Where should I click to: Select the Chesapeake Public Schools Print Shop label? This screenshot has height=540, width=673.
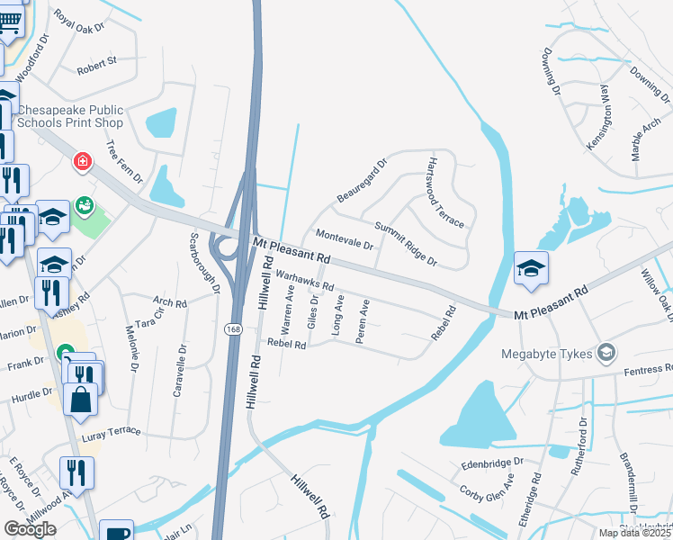click(70, 116)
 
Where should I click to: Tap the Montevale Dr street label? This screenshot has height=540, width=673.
click(344, 239)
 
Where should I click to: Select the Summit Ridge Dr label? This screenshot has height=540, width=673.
click(406, 245)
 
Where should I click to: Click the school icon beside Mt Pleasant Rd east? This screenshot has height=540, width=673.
click(531, 267)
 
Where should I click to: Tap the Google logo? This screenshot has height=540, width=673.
click(30, 529)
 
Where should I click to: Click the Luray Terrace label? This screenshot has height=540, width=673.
click(112, 431)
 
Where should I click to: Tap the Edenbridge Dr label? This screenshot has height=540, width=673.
click(491, 462)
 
